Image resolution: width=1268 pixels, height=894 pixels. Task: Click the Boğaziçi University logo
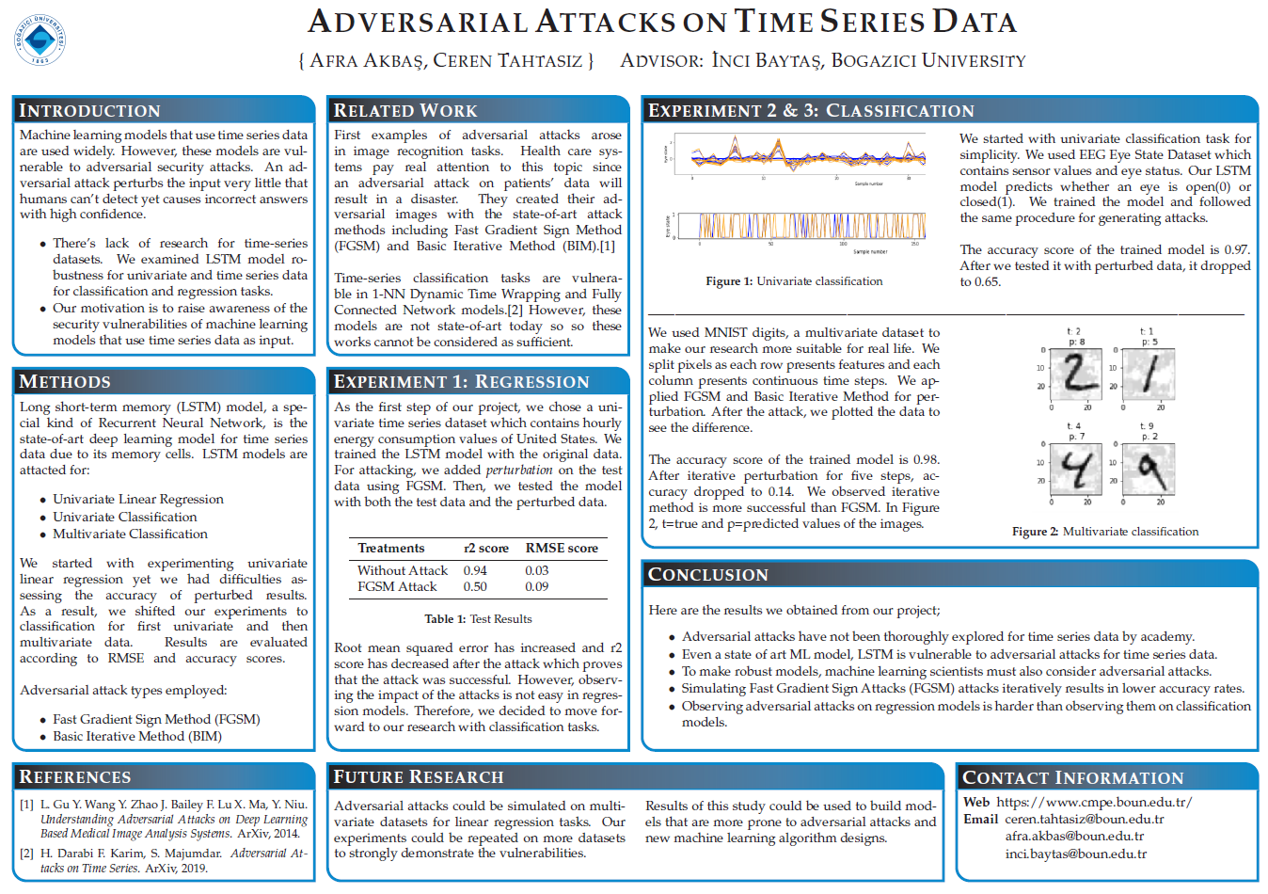click(40, 40)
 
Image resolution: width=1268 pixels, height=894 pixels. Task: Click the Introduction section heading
click(89, 110)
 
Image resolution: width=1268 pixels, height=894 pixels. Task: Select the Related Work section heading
click(405, 110)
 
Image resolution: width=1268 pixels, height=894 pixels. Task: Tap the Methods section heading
click(65, 381)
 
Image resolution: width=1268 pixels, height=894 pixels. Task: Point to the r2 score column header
click(486, 548)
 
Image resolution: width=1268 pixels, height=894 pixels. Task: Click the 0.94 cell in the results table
click(475, 570)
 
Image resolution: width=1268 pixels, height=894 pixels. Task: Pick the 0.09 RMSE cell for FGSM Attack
click(537, 586)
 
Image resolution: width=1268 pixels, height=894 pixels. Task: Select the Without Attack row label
click(403, 570)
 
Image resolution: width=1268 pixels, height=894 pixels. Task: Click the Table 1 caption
click(478, 618)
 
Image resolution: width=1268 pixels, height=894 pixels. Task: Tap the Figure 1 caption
click(794, 280)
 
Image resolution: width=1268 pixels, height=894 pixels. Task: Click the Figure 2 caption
click(1104, 531)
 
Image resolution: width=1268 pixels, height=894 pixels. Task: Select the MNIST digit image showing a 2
click(1078, 371)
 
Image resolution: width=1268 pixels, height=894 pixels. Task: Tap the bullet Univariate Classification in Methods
click(125, 517)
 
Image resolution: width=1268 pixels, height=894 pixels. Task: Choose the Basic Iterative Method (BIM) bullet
click(137, 736)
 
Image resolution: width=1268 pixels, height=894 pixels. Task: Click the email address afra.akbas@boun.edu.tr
click(1074, 836)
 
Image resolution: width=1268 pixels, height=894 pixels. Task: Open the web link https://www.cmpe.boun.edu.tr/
click(1094, 802)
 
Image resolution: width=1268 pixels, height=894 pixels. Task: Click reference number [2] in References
click(27, 854)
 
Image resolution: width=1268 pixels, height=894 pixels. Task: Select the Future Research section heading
click(419, 776)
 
